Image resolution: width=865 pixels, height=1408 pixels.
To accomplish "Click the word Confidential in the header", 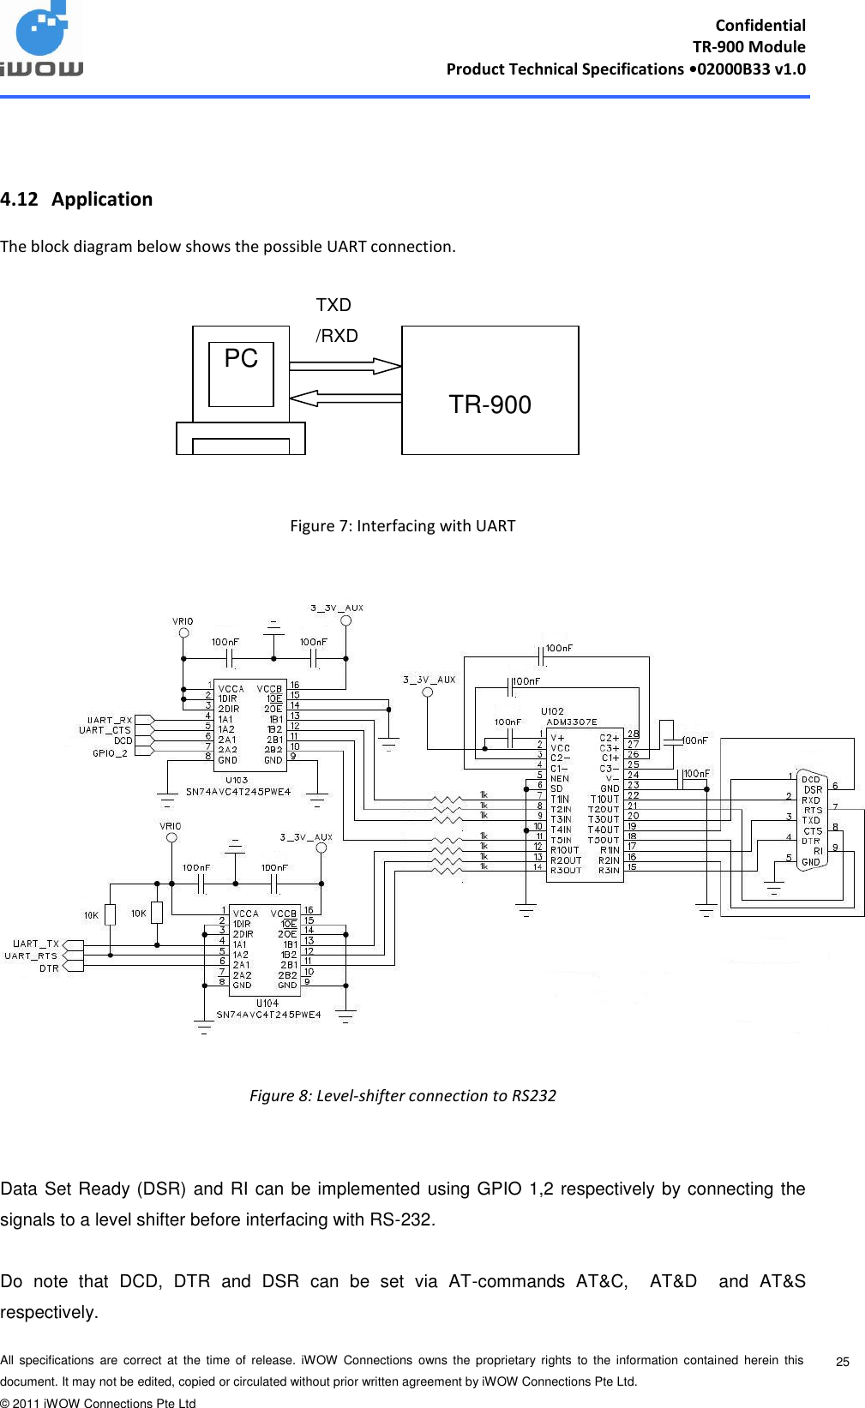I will point(760,25).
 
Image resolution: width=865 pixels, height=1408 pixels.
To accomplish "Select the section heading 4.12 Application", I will point(76,200).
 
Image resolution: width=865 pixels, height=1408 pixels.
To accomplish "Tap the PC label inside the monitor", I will point(241,358).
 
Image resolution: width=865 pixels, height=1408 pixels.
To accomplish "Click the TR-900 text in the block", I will point(490,404).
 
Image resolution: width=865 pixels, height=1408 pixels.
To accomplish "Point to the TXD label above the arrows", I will point(333,305).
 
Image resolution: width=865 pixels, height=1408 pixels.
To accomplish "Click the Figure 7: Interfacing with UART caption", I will point(402,525).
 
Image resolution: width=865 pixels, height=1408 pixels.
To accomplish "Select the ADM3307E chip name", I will point(572,722).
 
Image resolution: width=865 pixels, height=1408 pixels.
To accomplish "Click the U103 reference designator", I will point(237,781).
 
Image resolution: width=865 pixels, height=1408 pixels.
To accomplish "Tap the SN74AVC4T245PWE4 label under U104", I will point(268,1015).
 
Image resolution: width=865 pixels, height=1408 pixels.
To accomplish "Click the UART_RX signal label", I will point(110,720).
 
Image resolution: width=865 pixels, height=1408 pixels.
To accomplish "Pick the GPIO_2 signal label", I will point(110,753).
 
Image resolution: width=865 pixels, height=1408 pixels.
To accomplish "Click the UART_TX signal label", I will point(36,944).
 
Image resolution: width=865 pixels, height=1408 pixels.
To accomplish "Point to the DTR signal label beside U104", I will point(49,968).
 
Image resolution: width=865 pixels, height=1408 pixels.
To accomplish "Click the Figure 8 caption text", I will point(402,1095).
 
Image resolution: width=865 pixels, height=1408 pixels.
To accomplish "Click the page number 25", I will point(842,1362).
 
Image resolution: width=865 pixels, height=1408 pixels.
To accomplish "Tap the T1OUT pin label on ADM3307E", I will point(604,799).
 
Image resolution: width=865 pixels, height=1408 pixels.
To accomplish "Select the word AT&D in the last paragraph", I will point(673,1281).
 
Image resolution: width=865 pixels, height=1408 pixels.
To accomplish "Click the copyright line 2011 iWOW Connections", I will point(98,1403).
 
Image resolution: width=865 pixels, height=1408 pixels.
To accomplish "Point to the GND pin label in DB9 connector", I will point(810,862).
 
